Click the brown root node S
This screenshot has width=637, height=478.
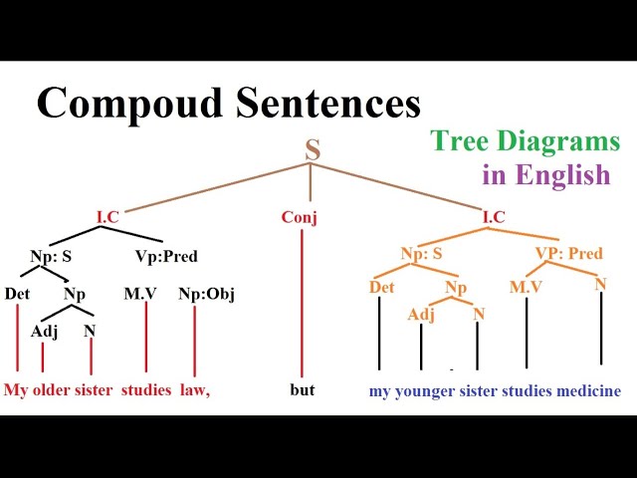click(313, 151)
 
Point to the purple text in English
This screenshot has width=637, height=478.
click(545, 175)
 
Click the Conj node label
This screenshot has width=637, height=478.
click(300, 218)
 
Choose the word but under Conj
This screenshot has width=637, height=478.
click(303, 389)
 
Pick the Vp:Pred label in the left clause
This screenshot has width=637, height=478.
click(166, 256)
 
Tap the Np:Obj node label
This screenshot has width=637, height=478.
click(206, 294)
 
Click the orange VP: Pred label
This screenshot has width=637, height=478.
click(568, 253)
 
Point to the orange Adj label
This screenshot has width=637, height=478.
click(421, 315)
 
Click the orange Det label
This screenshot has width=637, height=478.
click(381, 288)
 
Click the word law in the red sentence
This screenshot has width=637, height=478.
click(194, 390)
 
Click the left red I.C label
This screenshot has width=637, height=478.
click(108, 217)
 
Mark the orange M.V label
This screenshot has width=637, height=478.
click(525, 287)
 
